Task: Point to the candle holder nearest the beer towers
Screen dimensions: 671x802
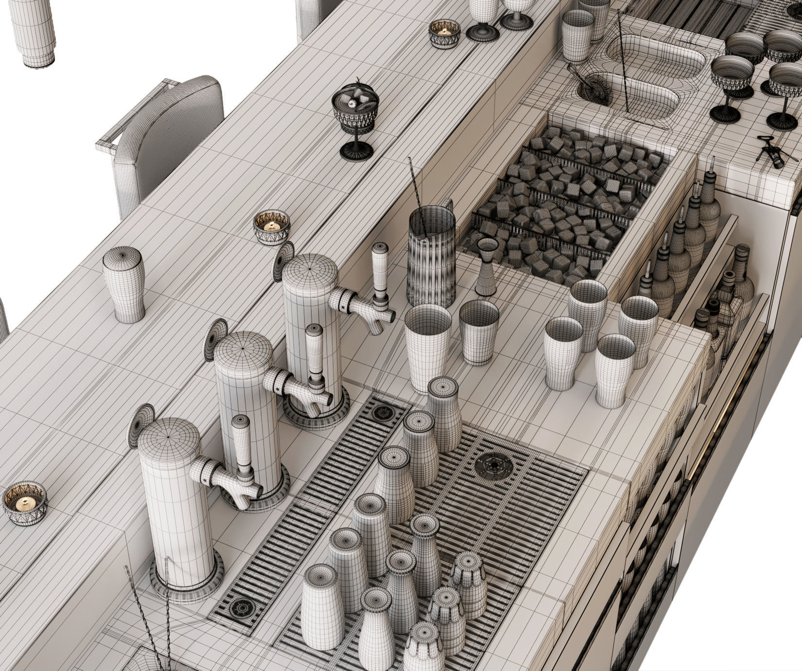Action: pos(272,227)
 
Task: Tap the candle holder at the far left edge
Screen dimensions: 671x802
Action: pos(25,504)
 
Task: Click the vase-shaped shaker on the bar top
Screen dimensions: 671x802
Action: pos(124,284)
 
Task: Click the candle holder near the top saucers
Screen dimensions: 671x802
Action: pos(444,33)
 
